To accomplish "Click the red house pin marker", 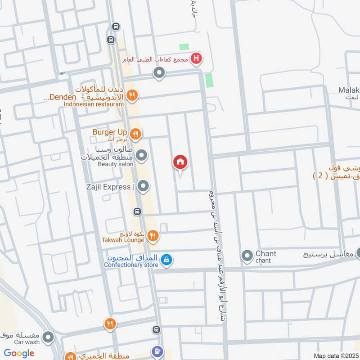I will click(180, 162).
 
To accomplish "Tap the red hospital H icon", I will click(196, 58).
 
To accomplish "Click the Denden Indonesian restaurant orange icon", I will click(132, 95).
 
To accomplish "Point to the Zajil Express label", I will click(112, 187).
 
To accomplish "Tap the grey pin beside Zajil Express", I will click(143, 186).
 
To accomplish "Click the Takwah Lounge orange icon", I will click(153, 235).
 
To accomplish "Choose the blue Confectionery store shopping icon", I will click(166, 260).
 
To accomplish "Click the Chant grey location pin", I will click(247, 256).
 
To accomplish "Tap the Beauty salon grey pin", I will click(142, 156).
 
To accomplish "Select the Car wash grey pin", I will click(48, 337).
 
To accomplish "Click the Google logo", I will click(19, 353).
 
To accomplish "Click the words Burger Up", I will click(110, 132).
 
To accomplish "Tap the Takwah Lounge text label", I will click(123, 240).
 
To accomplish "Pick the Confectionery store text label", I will click(131, 265).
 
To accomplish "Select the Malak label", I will click(349, 90).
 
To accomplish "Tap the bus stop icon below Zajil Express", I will click(137, 211).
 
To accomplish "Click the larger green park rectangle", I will click(209, 81).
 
